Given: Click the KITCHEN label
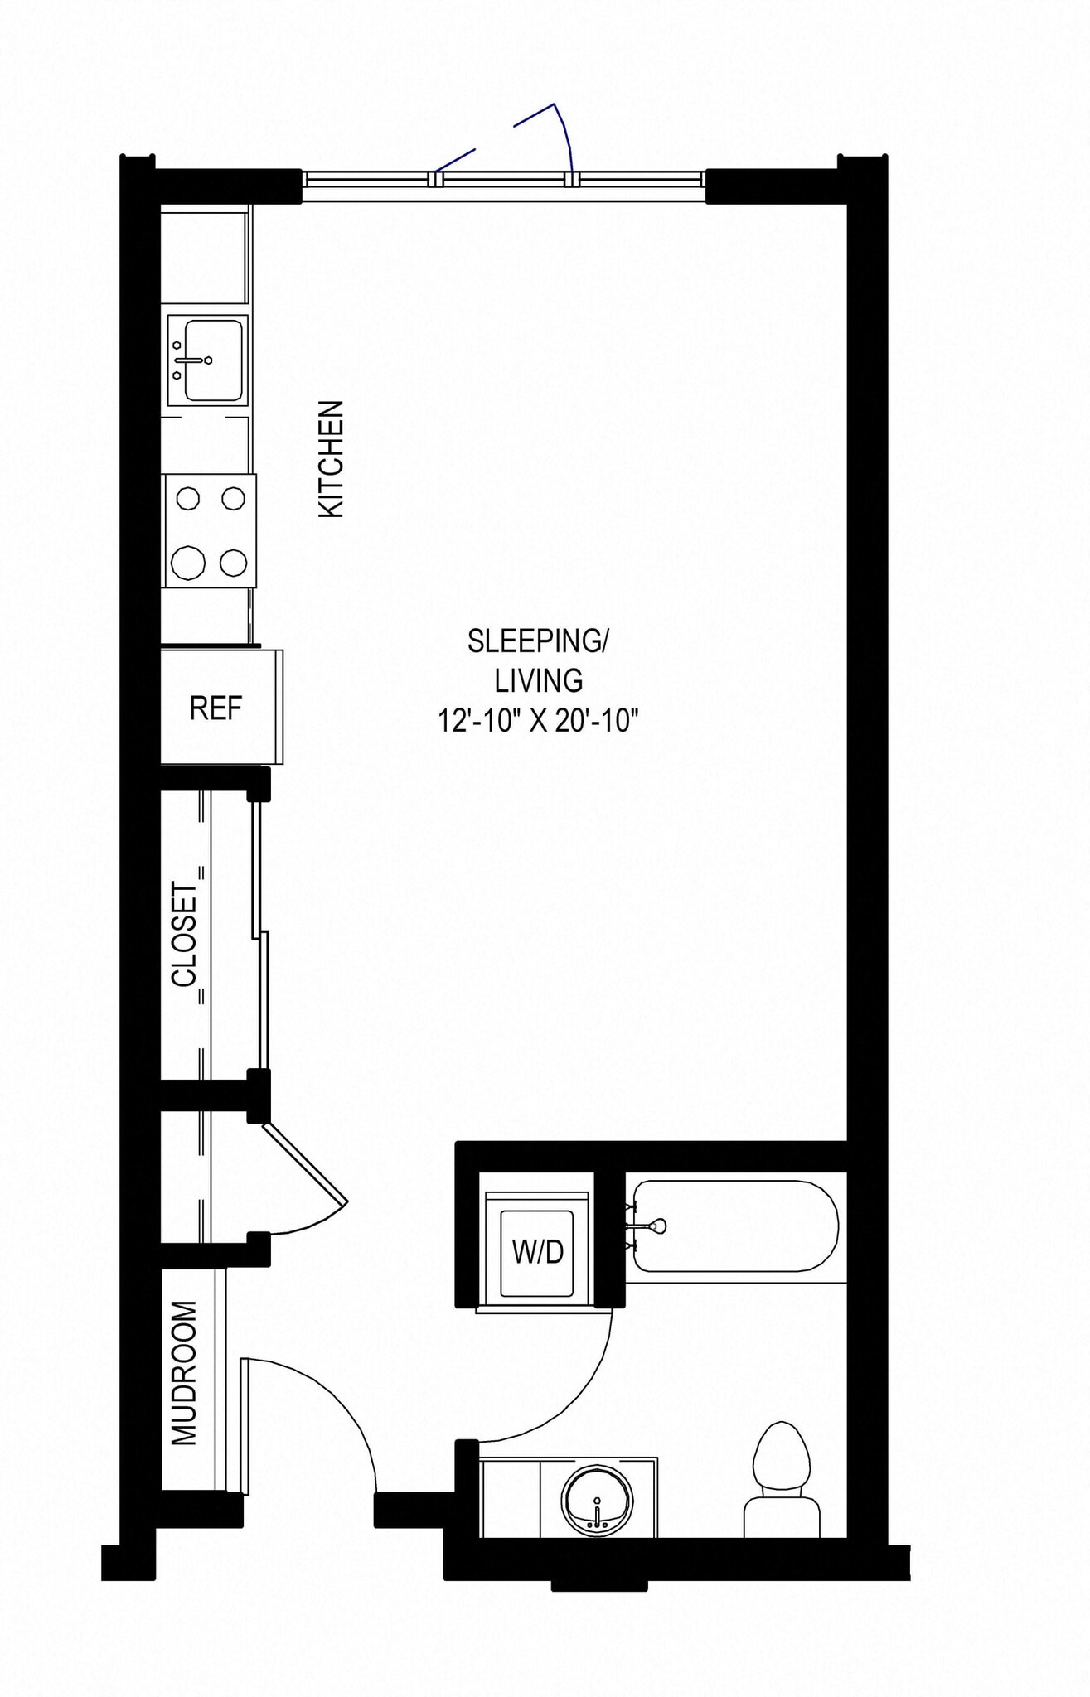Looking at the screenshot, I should (331, 459).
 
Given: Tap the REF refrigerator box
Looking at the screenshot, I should (216, 708).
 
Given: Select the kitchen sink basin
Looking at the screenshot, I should (214, 360).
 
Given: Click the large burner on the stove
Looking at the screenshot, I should (188, 563).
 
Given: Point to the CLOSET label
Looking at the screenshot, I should (185, 934).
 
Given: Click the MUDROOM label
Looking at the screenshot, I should (184, 1374).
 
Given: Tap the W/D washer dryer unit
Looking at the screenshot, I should (537, 1252).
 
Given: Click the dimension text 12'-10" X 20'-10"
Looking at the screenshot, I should (538, 720).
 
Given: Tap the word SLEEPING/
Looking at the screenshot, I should (538, 641).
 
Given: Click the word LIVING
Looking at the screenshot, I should (538, 680).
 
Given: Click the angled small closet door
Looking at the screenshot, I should (305, 1163).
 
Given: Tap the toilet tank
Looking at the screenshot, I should (782, 1516).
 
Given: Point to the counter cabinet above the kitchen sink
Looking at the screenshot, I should (204, 258).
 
